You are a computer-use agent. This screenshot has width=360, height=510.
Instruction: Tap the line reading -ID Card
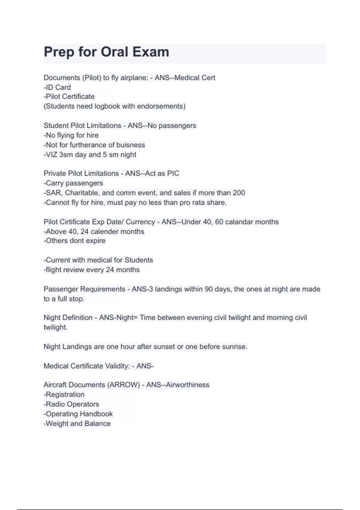(57, 87)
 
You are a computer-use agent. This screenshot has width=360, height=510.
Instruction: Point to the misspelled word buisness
(130, 145)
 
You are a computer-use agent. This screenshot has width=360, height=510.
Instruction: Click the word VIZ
(52, 155)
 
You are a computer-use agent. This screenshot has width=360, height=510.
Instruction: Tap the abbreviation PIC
(173, 173)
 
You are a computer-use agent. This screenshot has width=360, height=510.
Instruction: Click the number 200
(239, 193)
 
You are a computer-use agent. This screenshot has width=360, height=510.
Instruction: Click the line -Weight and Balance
(77, 424)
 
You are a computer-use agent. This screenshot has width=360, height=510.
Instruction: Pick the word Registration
(65, 394)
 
